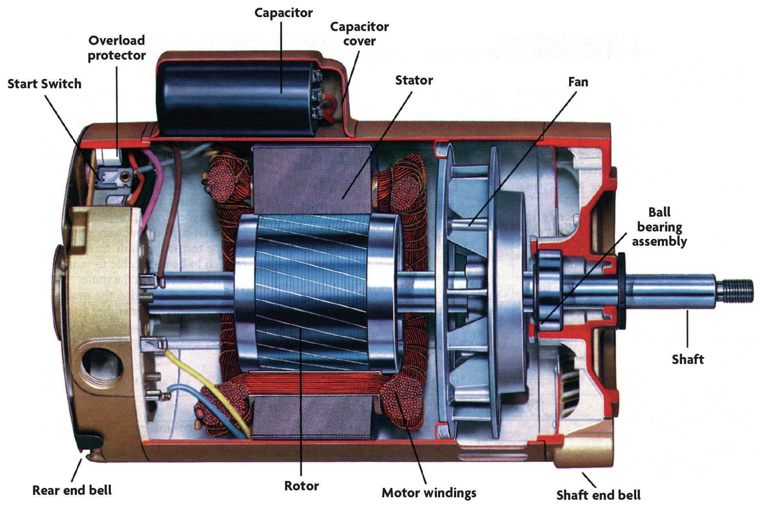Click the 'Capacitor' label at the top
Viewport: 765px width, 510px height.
[x=283, y=13]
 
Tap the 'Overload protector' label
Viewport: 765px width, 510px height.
[x=117, y=47]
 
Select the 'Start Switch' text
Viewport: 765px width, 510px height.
[x=44, y=84]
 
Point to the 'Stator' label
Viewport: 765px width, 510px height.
[x=414, y=80]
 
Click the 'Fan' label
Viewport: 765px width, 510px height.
[x=578, y=82]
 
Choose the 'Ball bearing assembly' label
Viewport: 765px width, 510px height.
[x=659, y=227]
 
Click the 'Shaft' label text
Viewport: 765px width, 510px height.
[x=687, y=359]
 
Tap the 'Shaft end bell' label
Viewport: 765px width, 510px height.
[x=598, y=495]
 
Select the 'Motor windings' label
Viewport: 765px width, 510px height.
[x=429, y=492]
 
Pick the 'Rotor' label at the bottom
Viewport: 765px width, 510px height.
[x=301, y=485]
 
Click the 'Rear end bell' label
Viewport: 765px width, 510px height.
[x=72, y=490]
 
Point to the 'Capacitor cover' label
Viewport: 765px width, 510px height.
[x=359, y=34]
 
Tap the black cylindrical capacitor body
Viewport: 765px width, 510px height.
[x=233, y=98]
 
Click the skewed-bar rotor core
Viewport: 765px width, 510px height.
[x=311, y=294]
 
